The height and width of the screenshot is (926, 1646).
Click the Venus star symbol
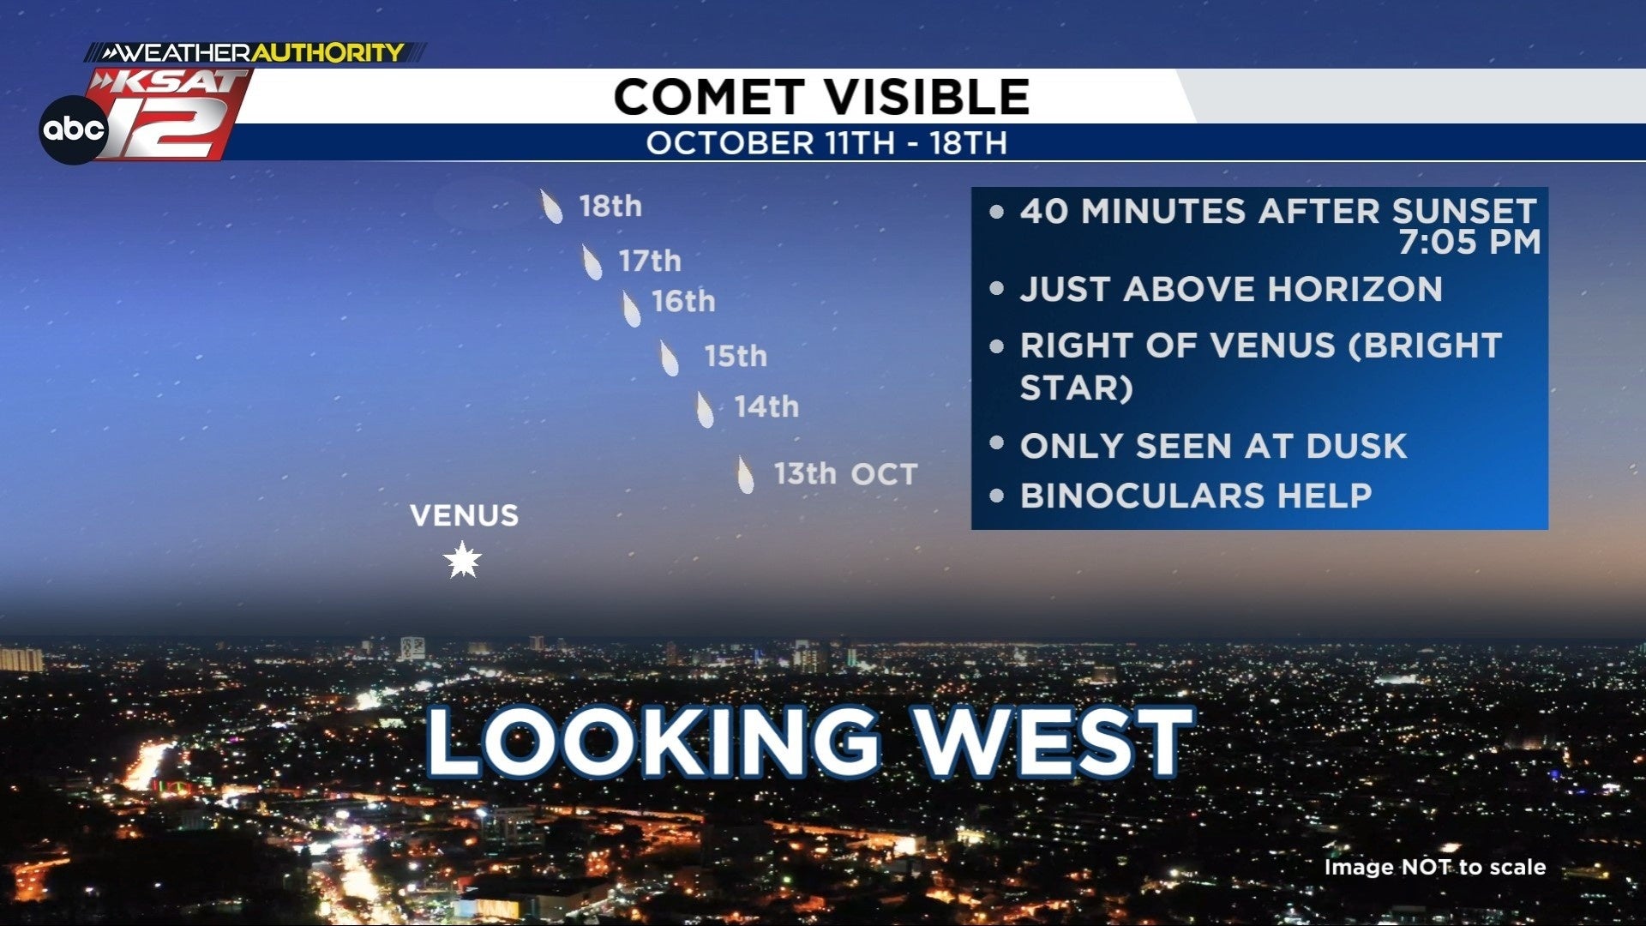coord(462,560)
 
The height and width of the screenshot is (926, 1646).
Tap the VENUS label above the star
coord(464,515)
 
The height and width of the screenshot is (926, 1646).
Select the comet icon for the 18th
coord(551,207)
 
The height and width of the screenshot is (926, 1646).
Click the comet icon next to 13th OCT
coord(745,474)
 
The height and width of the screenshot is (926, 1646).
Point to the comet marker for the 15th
coord(669,358)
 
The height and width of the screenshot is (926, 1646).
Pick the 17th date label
coord(650,261)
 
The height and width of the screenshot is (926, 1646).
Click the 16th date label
coord(683,301)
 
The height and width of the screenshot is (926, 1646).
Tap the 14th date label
coord(766,406)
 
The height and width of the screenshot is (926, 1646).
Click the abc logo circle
coord(74,129)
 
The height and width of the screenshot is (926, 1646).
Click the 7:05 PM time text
coord(1469,242)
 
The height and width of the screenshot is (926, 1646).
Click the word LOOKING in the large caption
coord(653,742)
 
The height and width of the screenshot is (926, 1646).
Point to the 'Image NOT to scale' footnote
coord(1435,867)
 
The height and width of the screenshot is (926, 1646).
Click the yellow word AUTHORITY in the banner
coord(327,52)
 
